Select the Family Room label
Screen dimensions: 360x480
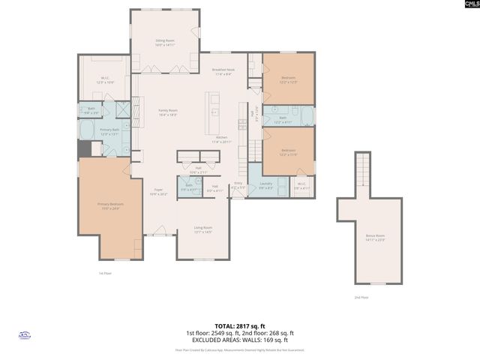pyautogui.click(x=167, y=112)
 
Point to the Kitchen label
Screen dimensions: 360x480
pyautogui.click(x=222, y=139)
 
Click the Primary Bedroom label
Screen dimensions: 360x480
pyautogui.click(x=109, y=205)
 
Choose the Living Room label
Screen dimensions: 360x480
pyautogui.click(x=203, y=230)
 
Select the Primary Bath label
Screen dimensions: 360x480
pyautogui.click(x=109, y=131)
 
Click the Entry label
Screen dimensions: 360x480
pyautogui.click(x=238, y=184)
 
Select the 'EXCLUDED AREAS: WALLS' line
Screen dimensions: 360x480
pyautogui.click(x=239, y=340)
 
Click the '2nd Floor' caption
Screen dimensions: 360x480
pyautogui.click(x=361, y=298)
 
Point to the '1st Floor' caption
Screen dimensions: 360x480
pyautogui.click(x=105, y=273)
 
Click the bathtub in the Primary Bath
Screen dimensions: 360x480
pyautogui.click(x=86, y=131)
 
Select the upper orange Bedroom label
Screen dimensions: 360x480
pyautogui.click(x=288, y=79)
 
